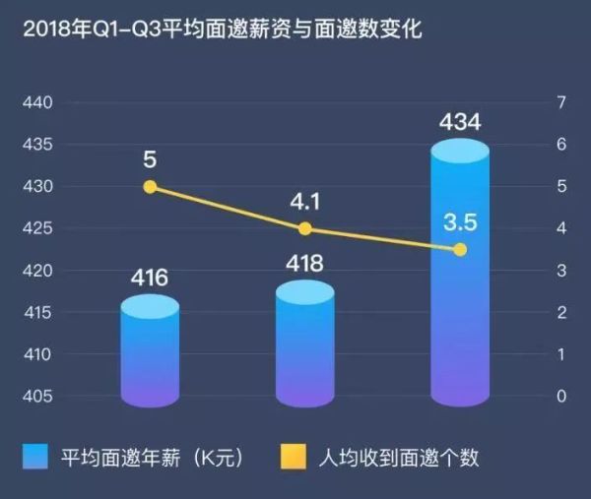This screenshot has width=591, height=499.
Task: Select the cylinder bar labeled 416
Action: tap(150, 354)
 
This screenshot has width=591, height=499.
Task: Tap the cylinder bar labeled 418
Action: tap(305, 344)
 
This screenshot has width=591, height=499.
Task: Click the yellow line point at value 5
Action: tap(150, 187)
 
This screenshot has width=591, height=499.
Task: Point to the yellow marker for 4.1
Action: tap(305, 228)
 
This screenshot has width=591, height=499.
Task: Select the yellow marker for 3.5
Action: tap(460, 249)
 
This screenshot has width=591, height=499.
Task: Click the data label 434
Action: tap(460, 123)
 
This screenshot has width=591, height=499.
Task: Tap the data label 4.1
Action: tap(305, 201)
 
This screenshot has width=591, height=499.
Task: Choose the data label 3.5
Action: tap(460, 222)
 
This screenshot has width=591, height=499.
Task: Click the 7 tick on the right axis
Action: tap(562, 102)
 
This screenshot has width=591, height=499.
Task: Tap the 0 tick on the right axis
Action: tap(562, 397)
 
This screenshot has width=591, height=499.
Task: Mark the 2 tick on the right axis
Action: tap(562, 313)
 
